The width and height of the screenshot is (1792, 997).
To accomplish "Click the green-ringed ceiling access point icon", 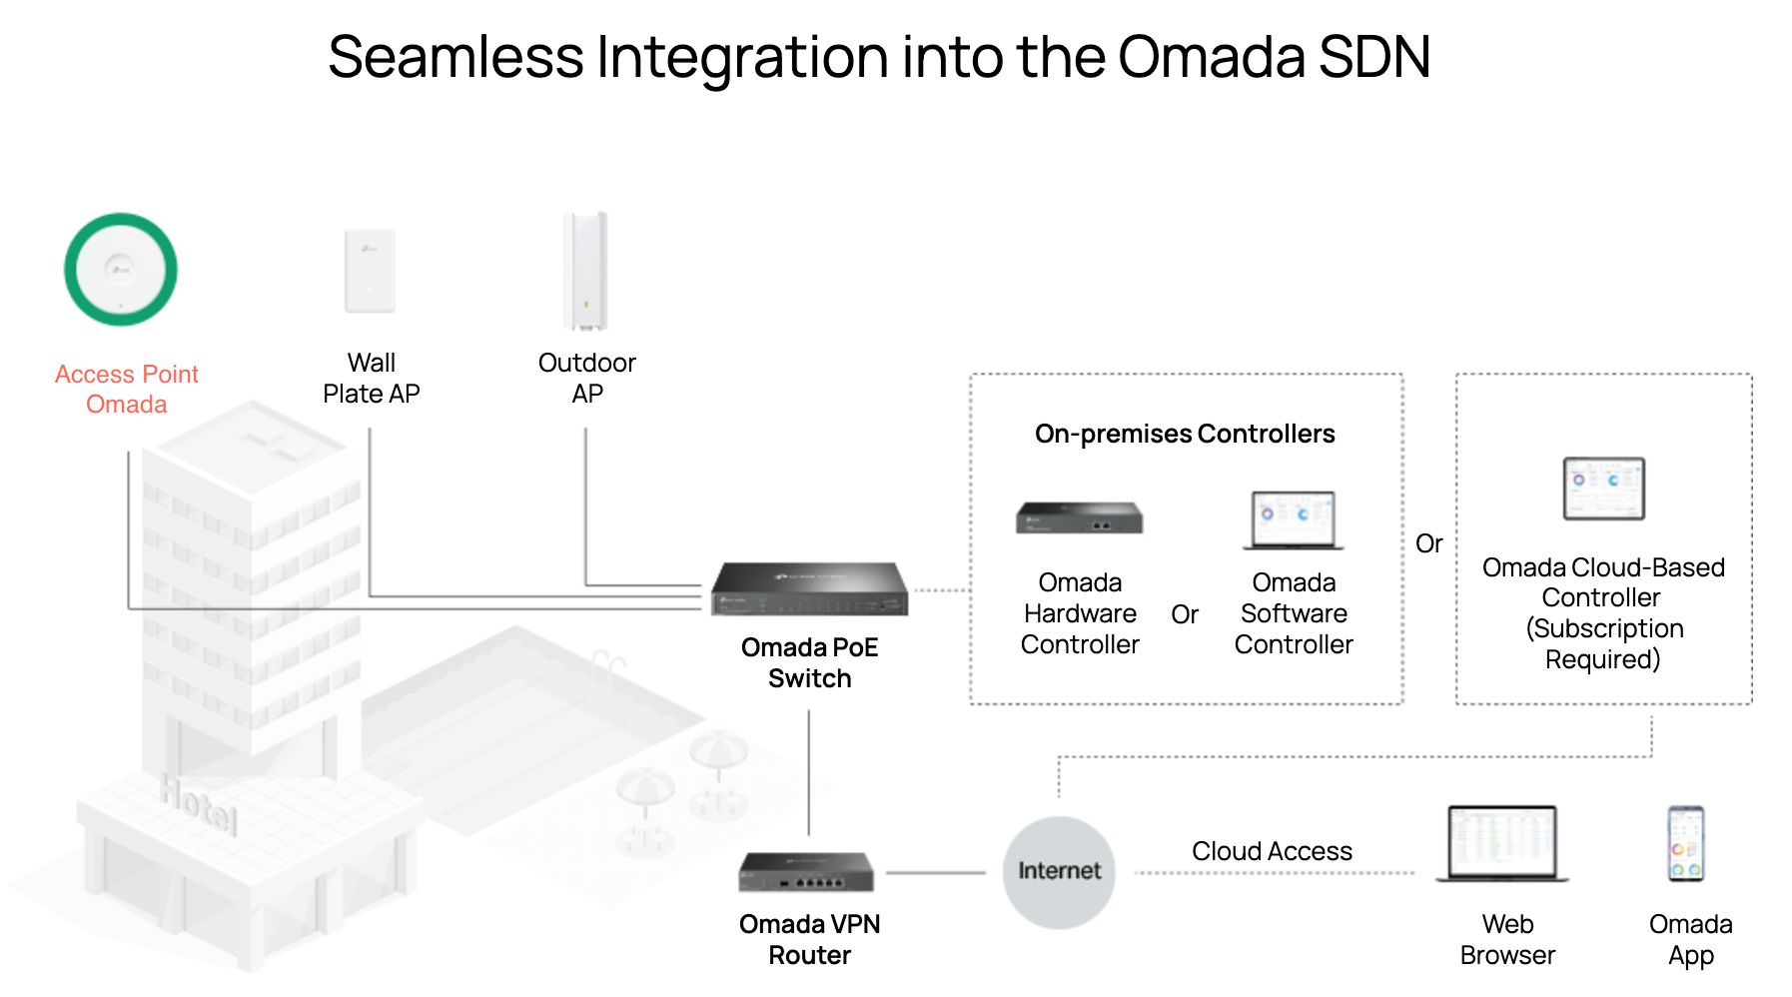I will click(121, 269).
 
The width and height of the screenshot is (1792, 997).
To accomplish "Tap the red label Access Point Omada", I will click(127, 389).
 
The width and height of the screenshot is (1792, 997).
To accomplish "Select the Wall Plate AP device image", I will click(370, 271).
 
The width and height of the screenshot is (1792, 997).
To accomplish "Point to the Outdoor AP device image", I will click(585, 271).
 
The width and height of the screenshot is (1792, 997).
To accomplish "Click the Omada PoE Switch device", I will click(809, 589).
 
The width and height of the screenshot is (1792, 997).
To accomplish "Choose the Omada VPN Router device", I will click(806, 871).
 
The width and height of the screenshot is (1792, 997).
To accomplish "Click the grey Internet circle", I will click(1059, 872).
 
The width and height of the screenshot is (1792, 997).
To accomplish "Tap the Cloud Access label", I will click(1272, 851).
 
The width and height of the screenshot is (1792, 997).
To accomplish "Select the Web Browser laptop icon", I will click(1502, 844).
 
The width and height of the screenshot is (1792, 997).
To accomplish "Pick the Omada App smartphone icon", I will click(1686, 844).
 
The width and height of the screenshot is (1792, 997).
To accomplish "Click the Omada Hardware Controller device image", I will click(1079, 518).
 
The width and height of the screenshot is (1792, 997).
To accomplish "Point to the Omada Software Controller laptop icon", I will click(1294, 520).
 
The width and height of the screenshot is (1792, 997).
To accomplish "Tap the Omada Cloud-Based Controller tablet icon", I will click(1603, 489).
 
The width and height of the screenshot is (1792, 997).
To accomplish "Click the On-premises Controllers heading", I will click(1185, 434).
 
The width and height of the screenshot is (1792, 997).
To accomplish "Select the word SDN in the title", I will click(1374, 57).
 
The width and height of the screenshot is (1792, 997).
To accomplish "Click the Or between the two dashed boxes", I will click(1428, 543).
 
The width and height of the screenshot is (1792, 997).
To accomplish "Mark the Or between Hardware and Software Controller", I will click(1185, 614).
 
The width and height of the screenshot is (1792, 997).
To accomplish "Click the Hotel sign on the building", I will click(199, 804).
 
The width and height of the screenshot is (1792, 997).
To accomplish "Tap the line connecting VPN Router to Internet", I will click(935, 873).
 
